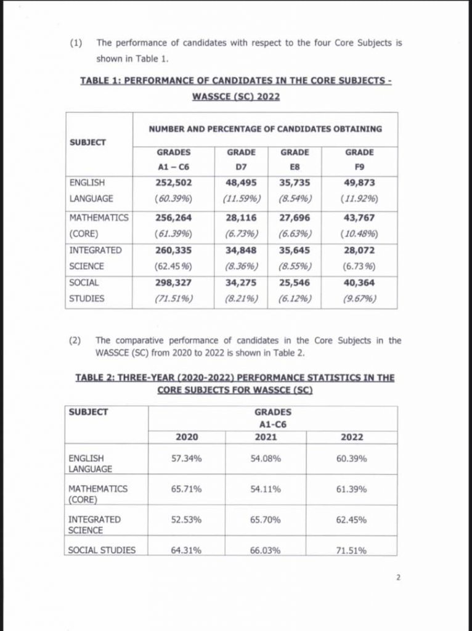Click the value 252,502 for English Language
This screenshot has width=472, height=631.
click(x=173, y=183)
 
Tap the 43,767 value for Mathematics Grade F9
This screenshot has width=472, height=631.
click(x=359, y=218)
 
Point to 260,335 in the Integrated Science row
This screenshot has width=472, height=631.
click(x=173, y=251)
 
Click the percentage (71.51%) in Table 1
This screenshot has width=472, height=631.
click(x=173, y=299)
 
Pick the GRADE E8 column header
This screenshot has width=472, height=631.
click(x=295, y=159)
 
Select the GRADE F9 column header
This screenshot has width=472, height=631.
click(x=359, y=159)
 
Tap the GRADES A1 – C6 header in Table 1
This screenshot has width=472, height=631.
click(x=173, y=159)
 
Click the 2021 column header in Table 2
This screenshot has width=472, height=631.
click(x=266, y=437)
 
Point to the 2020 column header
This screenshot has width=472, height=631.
click(x=187, y=437)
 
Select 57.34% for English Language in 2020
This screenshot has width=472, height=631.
click(x=187, y=458)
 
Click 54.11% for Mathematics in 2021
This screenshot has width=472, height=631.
click(x=266, y=489)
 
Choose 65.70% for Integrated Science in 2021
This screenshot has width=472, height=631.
click(x=266, y=520)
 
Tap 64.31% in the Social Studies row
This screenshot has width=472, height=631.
click(x=187, y=550)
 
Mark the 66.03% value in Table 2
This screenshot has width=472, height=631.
click(x=266, y=550)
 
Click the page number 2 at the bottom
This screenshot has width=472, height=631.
click(x=398, y=578)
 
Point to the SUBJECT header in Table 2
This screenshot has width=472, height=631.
click(x=88, y=412)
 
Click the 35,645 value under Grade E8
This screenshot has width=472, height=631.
click(x=295, y=251)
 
